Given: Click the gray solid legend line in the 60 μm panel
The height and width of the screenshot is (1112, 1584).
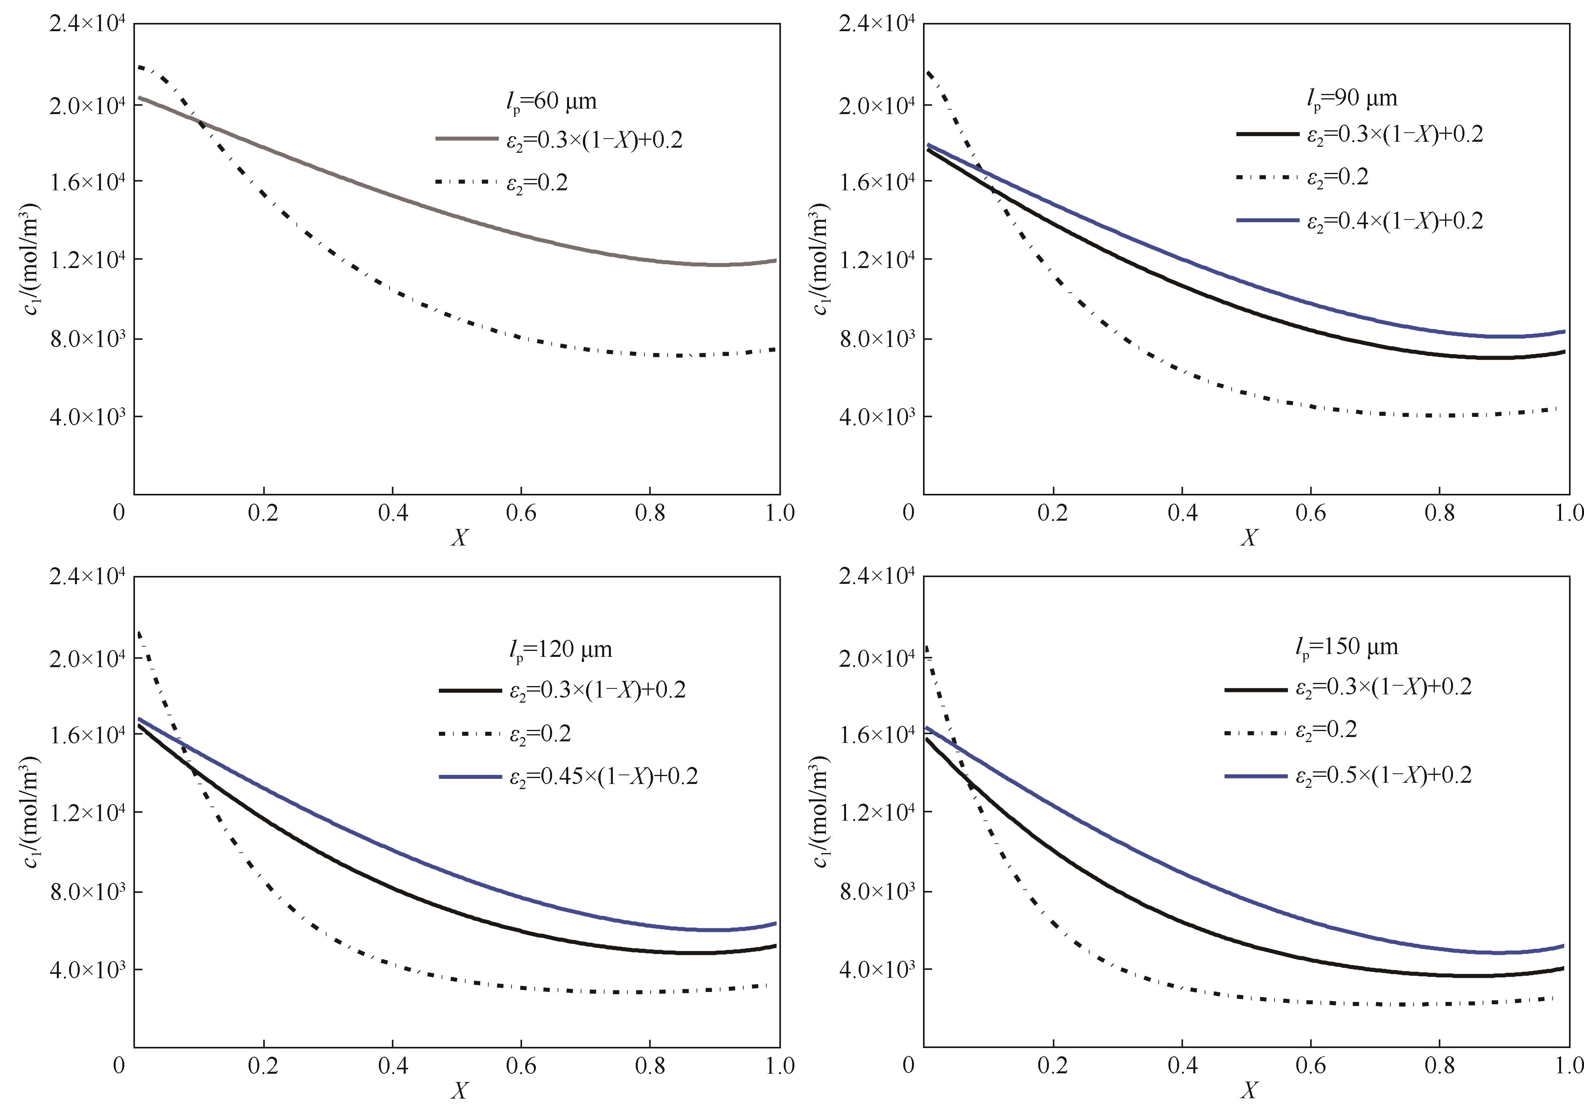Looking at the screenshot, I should [466, 139].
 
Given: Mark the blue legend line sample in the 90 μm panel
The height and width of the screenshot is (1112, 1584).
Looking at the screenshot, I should [1268, 220].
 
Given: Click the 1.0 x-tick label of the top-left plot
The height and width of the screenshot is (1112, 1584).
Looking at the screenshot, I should [780, 513].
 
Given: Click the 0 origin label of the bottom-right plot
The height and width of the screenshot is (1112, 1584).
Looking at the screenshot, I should [908, 1065].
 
